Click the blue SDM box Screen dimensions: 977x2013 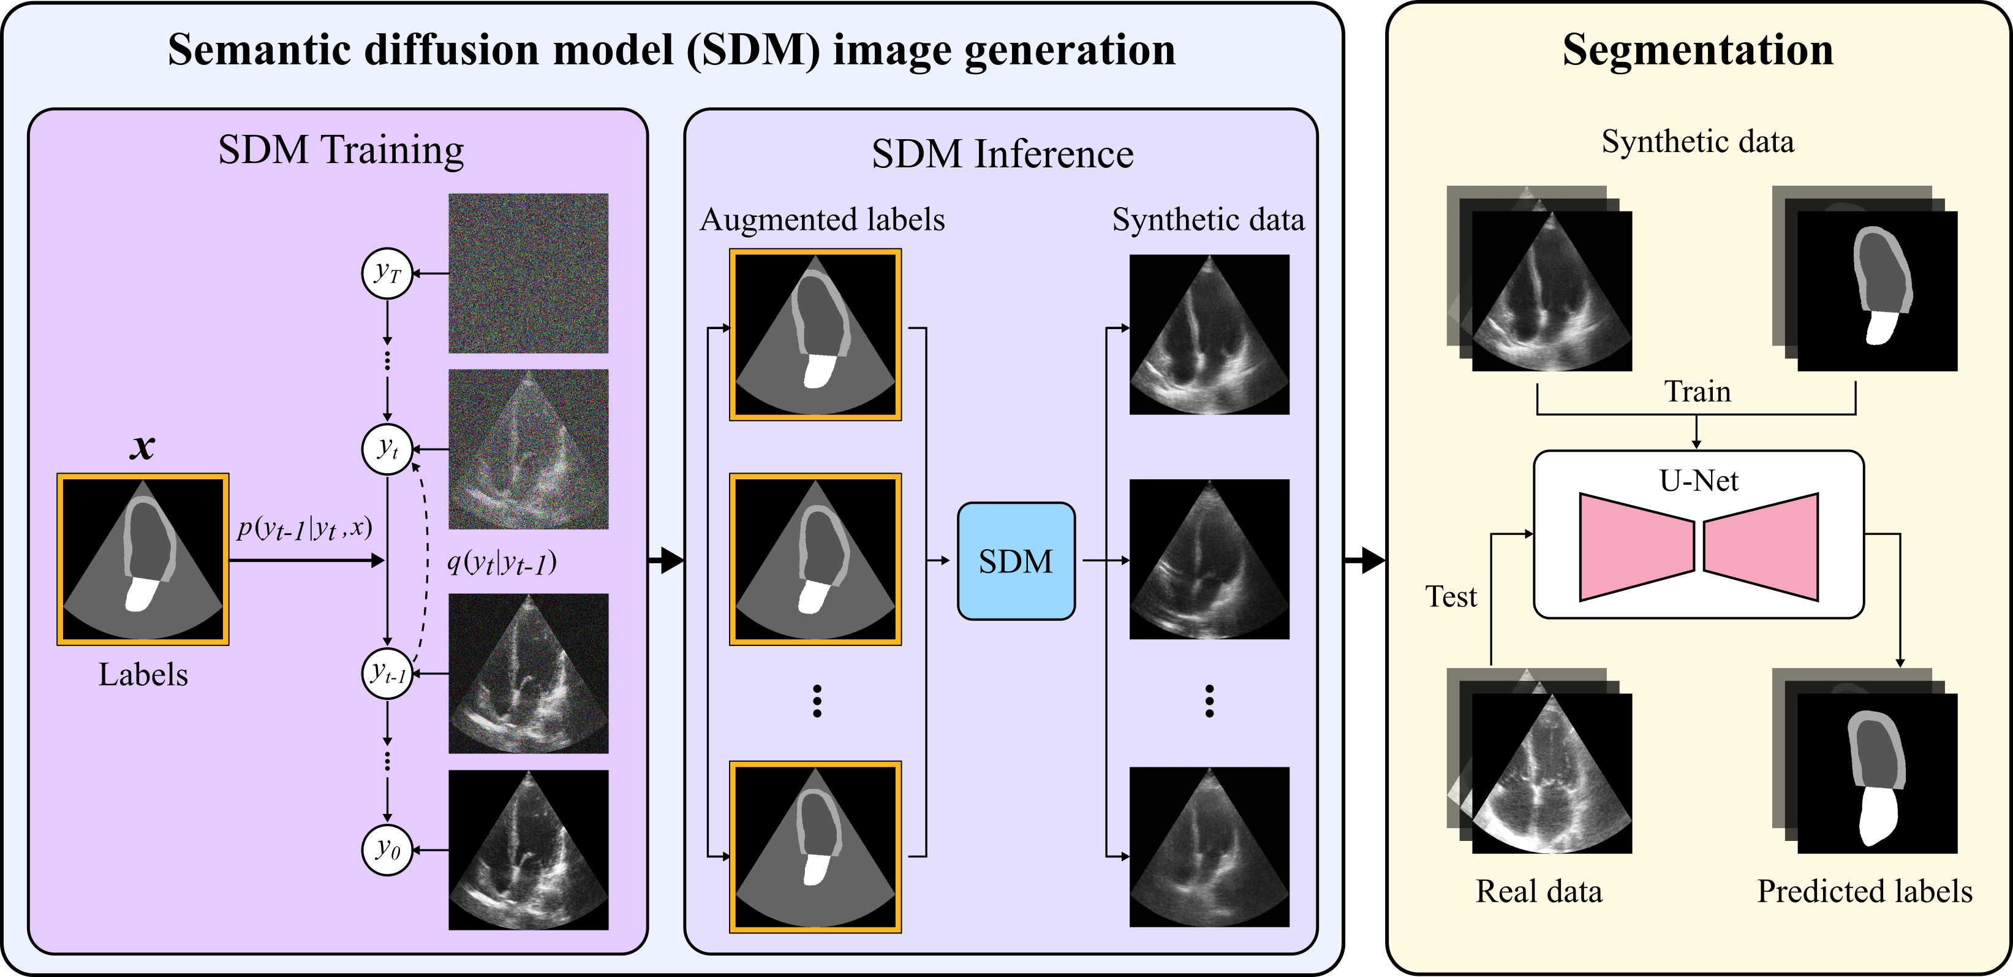click(1016, 561)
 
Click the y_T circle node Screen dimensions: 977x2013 click(387, 273)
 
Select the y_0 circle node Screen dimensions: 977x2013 click(387, 849)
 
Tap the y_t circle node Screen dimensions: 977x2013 click(387, 449)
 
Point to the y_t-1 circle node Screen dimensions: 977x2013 click(387, 673)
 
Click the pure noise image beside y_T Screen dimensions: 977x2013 click(528, 273)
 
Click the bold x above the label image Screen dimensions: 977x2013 click(142, 447)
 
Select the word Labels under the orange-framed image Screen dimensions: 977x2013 click(143, 674)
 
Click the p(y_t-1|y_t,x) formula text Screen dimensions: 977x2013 click(304, 528)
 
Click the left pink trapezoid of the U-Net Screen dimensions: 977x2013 click(1636, 547)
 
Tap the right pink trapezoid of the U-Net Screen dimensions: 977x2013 click(1761, 547)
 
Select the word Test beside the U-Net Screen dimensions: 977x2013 click(1451, 596)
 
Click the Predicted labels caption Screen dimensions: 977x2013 click(1865, 891)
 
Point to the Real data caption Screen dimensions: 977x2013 click(1539, 891)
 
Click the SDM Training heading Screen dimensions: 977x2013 click(341, 150)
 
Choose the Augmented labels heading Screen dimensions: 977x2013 click(822, 219)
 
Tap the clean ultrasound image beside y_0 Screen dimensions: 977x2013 click(528, 850)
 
